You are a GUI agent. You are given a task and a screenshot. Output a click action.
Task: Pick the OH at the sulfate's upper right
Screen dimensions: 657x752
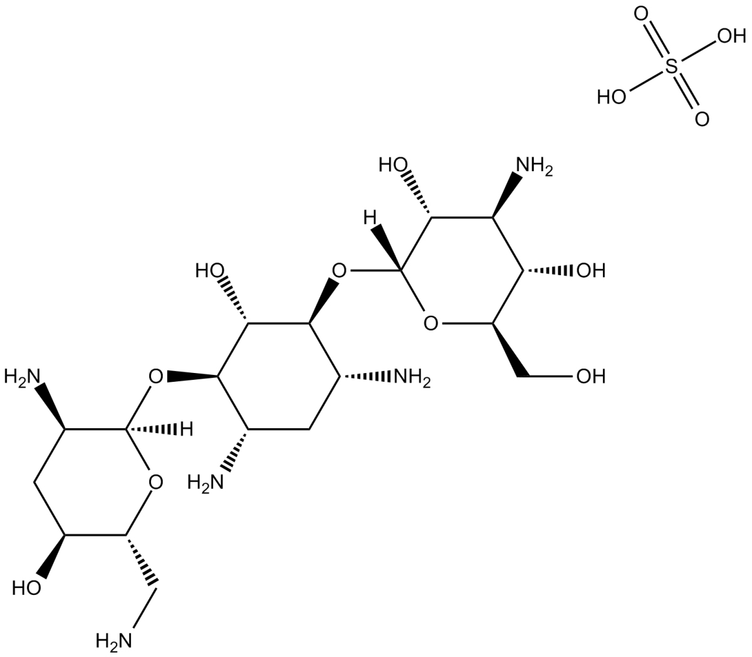[x=730, y=36]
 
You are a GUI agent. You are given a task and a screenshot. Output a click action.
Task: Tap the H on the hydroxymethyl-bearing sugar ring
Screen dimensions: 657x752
[x=370, y=219]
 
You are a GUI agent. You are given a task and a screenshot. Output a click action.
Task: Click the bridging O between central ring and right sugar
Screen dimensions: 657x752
[x=339, y=271]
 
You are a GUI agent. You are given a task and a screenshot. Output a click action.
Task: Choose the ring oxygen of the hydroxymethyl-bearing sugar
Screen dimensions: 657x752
[x=431, y=323]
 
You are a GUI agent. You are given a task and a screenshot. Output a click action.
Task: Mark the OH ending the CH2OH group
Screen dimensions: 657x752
[x=591, y=376]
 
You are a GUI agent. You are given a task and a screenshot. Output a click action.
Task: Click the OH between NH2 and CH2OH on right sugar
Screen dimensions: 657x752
[x=591, y=271]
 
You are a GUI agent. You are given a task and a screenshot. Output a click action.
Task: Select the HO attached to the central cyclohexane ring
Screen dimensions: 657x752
[x=210, y=271]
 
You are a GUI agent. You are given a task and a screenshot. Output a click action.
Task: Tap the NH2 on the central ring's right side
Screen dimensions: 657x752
[x=410, y=377]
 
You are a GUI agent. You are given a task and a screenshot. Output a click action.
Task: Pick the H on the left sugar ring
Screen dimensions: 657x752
[x=186, y=429]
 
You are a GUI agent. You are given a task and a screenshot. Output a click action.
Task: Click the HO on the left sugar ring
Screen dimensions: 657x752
[x=26, y=587]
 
